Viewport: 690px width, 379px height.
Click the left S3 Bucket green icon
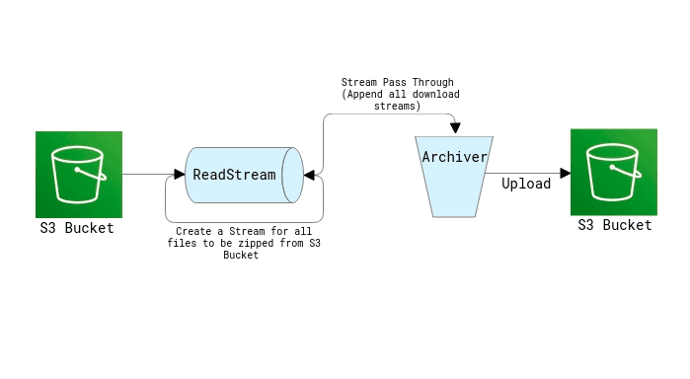coord(79,174)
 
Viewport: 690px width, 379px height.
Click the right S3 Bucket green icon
coord(614,173)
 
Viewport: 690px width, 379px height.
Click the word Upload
coord(526,184)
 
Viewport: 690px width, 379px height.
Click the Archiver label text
coord(455,157)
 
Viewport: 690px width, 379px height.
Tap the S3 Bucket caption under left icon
coord(77,228)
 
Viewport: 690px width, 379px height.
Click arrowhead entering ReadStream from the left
coord(181,174)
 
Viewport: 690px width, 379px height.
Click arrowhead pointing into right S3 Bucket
coord(566,173)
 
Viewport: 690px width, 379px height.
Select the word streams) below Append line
coord(400,106)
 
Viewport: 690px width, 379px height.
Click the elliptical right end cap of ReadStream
coord(292,175)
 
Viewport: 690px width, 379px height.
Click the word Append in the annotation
coord(366,95)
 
